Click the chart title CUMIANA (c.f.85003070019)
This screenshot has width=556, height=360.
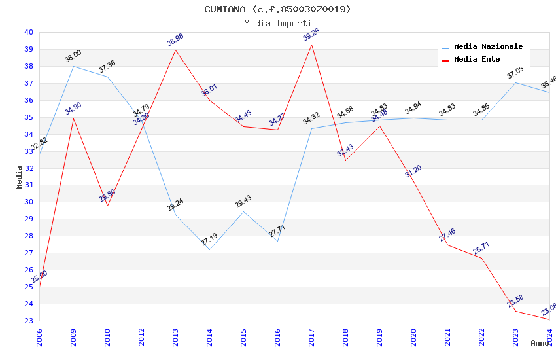tap(277, 9)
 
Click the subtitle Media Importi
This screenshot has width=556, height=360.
tap(277, 23)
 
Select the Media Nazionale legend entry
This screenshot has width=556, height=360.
tap(488, 47)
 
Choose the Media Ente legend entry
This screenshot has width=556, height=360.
tap(477, 60)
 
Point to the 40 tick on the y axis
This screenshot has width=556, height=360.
tap(29, 32)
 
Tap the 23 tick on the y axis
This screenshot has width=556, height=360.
tap(29, 321)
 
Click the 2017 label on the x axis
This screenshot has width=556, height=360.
tap(312, 338)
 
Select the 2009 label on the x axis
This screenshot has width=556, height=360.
tap(74, 338)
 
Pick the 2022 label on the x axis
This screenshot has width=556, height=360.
tap(482, 338)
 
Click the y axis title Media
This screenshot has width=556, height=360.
tap(20, 177)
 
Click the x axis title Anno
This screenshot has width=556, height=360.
tap(540, 343)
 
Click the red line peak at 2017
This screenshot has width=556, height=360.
tap(312, 45)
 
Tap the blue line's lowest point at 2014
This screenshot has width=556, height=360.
tap(209, 249)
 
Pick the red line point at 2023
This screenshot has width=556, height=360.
tap(515, 311)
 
